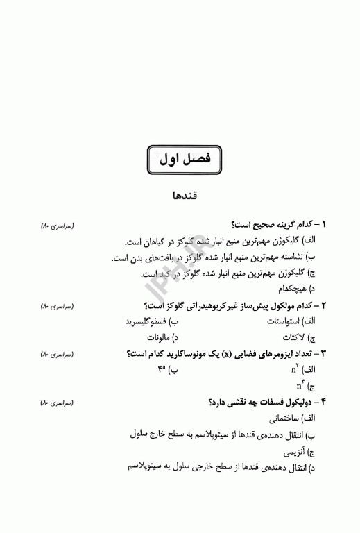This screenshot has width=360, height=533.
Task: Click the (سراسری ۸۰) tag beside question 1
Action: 58,226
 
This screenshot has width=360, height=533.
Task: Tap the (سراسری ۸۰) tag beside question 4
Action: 58,403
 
